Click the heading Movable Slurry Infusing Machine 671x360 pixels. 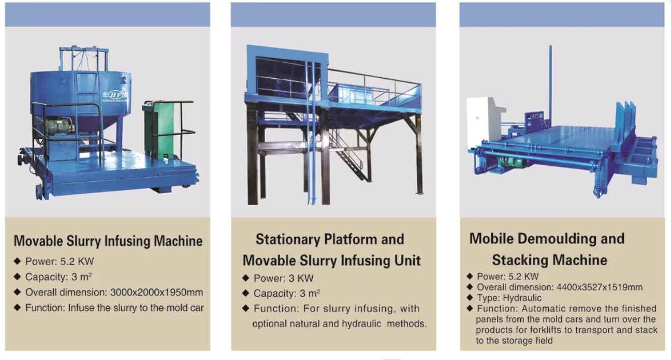click(x=108, y=241)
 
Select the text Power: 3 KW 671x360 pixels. click(x=283, y=278)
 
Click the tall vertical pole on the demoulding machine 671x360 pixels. click(x=550, y=83)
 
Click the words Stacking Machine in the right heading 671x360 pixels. click(x=549, y=260)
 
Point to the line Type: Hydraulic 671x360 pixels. click(x=508, y=298)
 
